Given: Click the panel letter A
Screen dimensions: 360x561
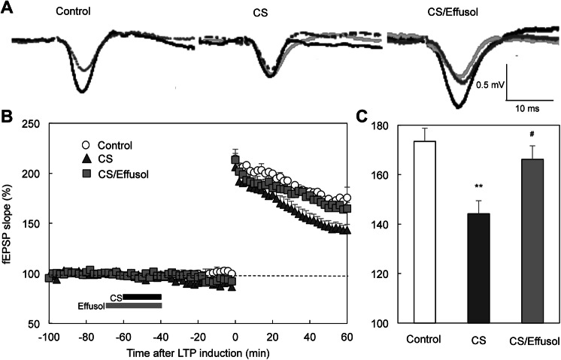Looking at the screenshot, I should click(x=7, y=7).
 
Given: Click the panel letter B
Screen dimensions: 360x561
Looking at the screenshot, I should click(x=7, y=117).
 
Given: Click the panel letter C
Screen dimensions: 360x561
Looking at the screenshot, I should click(x=362, y=117).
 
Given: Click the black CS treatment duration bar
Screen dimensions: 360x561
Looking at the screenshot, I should click(x=142, y=297).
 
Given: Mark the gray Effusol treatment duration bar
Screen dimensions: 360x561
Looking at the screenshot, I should click(x=133, y=306).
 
